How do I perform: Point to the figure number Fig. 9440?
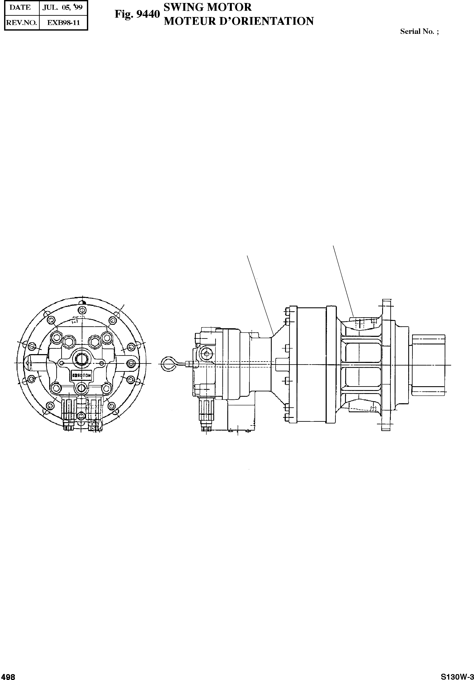[x=137, y=14]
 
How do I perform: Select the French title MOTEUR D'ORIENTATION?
[x=239, y=21]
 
